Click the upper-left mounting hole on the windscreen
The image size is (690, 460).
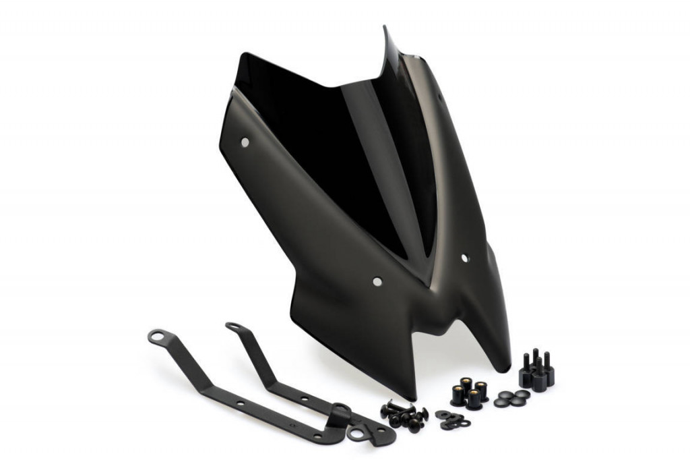tap(245, 142)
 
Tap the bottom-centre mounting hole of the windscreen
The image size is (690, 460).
tap(377, 281)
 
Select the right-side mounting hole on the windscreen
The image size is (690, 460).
tap(464, 258)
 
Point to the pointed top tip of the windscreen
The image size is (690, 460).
tap(386, 28)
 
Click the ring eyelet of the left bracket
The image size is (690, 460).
tap(156, 335)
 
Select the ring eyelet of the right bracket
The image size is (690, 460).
tap(233, 327)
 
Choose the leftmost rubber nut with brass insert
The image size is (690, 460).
tap(459, 395)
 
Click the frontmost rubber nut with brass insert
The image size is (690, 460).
tap(474, 399)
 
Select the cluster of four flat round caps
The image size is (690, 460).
tap(511, 398)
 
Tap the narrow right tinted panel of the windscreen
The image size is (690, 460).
tap(411, 148)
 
